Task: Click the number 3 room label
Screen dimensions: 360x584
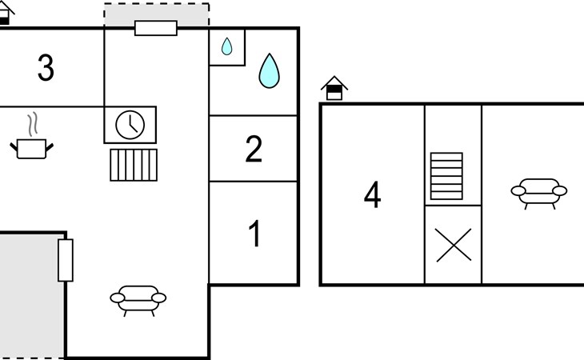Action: coord(46,68)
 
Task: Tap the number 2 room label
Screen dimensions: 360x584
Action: coord(254,149)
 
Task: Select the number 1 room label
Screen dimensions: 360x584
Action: coord(255,234)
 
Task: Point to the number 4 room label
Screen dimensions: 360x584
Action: coord(372,195)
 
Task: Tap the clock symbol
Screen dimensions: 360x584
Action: coord(130,125)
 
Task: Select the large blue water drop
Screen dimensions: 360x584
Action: coord(270,70)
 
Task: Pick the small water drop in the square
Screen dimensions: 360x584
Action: coord(227,47)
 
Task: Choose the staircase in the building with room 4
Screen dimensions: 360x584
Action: coord(446,176)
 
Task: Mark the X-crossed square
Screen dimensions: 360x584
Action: coord(453,245)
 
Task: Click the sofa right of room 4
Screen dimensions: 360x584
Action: coord(538,192)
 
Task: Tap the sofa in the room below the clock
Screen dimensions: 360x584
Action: coord(138,299)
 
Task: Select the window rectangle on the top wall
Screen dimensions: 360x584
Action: coord(156,28)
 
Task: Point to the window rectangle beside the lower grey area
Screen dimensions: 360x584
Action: coord(66,260)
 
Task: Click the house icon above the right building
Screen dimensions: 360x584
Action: coord(334,88)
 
